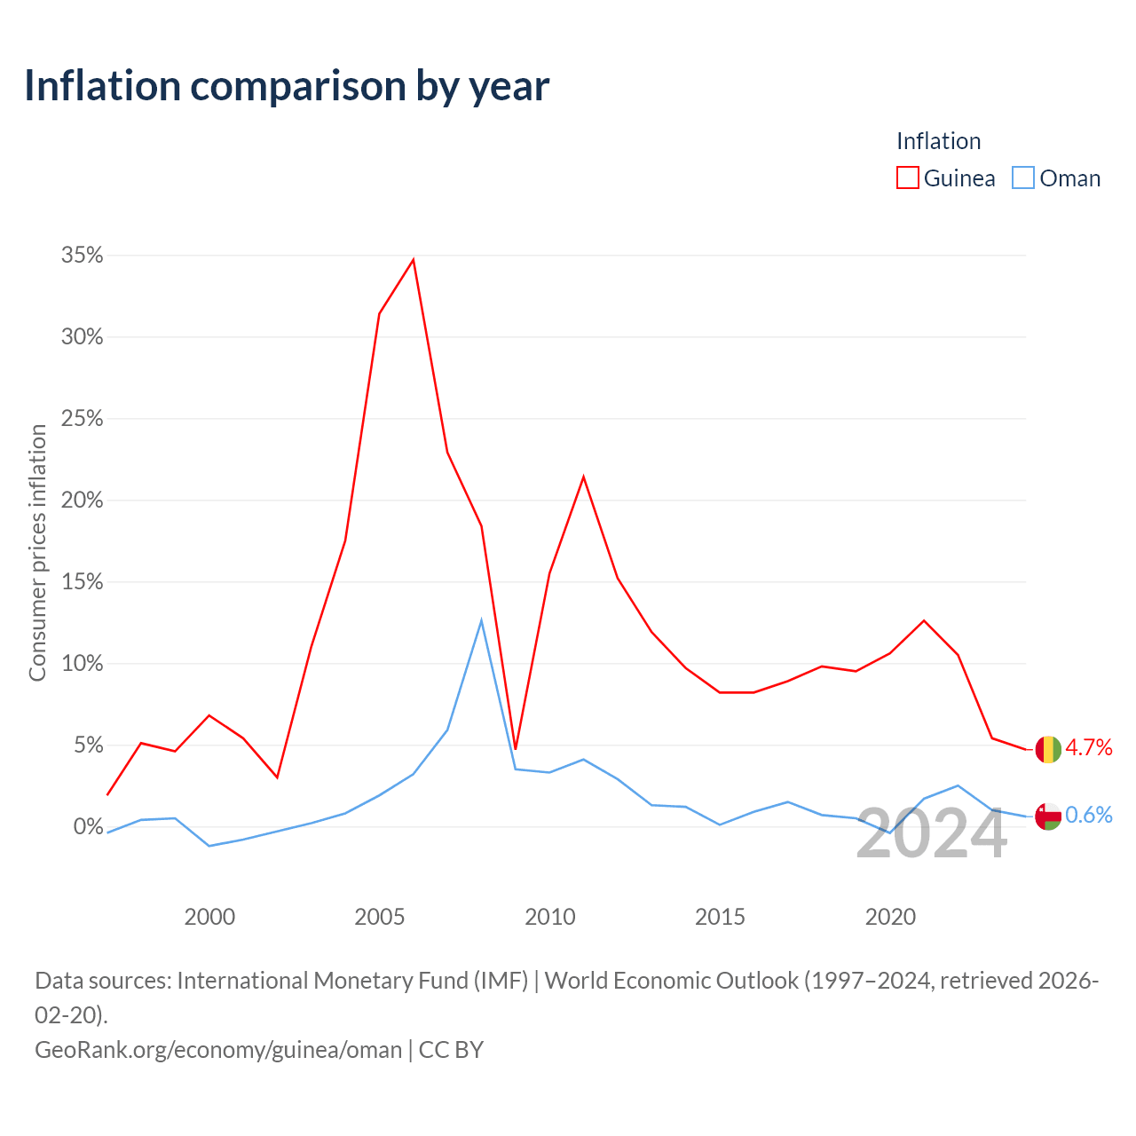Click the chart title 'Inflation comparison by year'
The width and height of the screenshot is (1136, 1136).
click(287, 87)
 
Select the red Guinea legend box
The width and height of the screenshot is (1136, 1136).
click(907, 178)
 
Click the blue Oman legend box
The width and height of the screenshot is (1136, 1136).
click(1022, 178)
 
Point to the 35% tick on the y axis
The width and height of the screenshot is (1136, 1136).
click(82, 256)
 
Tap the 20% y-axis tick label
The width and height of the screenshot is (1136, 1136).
click(82, 500)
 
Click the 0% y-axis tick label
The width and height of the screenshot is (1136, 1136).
click(89, 826)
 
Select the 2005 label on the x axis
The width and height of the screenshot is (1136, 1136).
click(380, 917)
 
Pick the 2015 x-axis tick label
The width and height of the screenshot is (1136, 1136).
click(720, 917)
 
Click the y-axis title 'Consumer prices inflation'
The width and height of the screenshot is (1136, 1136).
click(37, 553)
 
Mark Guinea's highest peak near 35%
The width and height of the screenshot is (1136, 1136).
click(414, 259)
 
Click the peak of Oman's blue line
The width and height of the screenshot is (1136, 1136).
click(482, 619)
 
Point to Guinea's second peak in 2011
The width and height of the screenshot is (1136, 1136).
click(584, 477)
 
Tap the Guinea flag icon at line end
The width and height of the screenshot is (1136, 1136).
click(1048, 749)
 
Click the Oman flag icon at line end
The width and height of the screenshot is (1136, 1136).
click(1048, 816)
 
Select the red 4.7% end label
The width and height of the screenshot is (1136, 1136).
click(1089, 747)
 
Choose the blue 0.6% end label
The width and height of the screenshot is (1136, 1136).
click(1089, 815)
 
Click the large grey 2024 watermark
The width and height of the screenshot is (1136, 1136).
click(932, 833)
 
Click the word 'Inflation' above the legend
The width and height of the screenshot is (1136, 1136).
click(938, 141)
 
